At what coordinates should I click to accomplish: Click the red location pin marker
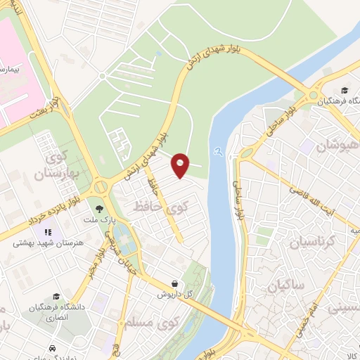click(181, 165)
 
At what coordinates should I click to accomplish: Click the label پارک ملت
click(98, 219)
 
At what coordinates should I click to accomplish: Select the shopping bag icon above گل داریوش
click(173, 283)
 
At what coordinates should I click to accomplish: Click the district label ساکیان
click(286, 287)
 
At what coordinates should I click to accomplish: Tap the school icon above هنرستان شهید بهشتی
click(49, 232)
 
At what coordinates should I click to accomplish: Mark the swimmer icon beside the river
click(219, 150)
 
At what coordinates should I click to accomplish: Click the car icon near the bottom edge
click(53, 348)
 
